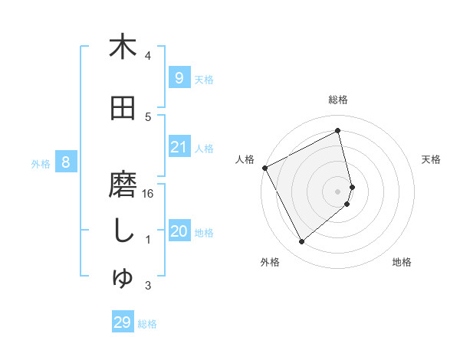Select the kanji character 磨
pos(123,187)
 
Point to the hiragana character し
pos(123,233)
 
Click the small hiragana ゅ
pos(123,278)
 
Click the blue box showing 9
pos(179,77)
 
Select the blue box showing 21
pos(179,147)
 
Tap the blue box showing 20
pos(179,232)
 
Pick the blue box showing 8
pos(66,162)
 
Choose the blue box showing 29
pos(123,322)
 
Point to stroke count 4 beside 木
pos(148,56)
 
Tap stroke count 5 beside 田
pos(148,117)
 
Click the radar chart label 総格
pos(338,100)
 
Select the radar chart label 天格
pos(432,159)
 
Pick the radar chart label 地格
pos(402,263)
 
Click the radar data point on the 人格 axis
pos(264,168)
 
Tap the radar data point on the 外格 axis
pos(301,242)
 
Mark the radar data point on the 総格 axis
pos(337,131)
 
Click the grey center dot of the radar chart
pos(337,191)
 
